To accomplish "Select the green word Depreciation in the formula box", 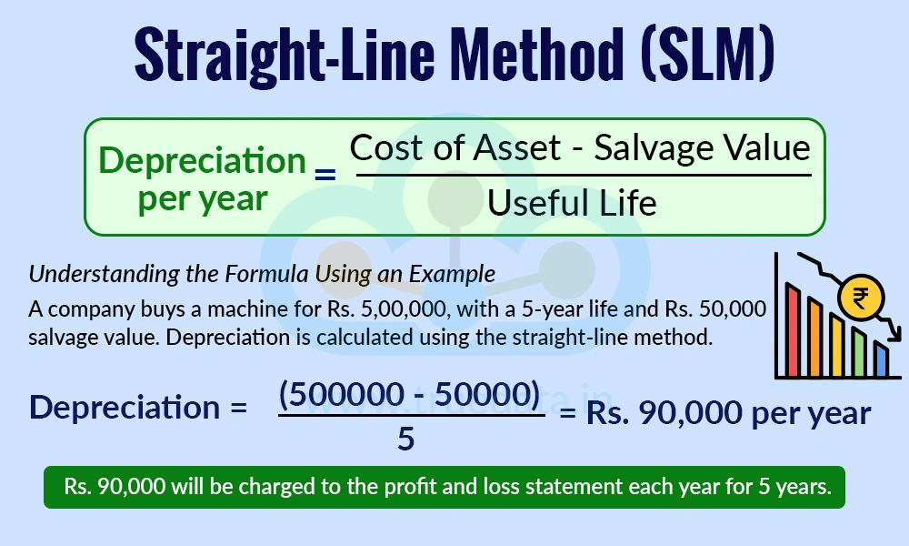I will coord(202,161).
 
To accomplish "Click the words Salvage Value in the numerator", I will coord(702,148).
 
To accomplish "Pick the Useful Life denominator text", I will coord(572,203).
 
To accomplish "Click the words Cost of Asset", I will coord(455,148).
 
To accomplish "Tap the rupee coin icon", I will coord(857,297).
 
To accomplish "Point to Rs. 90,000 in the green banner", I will coord(115,487).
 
